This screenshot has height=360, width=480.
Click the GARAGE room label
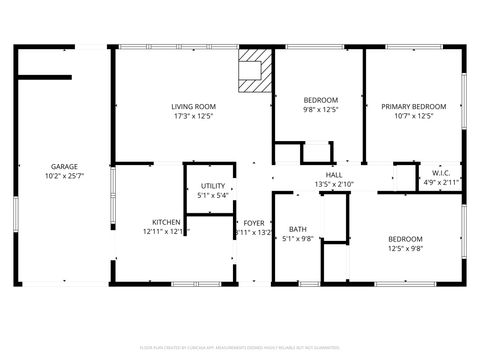click(65, 167)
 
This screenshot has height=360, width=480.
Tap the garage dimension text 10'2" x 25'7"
click(65, 177)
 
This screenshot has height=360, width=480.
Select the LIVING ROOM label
click(192, 106)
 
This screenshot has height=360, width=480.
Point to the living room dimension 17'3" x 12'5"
click(192, 116)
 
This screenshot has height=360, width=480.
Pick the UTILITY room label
click(212, 185)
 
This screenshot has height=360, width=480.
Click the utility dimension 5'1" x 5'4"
click(212, 195)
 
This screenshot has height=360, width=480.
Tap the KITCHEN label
click(166, 222)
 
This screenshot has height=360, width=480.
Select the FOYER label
click(254, 222)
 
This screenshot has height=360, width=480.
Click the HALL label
click(333, 175)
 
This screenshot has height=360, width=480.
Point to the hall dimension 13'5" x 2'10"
click(333, 185)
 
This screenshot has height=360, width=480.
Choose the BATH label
click(297, 229)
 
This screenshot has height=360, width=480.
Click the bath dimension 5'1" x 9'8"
click(297, 239)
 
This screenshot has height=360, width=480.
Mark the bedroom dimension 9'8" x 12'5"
click(320, 110)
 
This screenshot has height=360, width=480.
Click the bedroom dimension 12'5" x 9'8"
click(405, 249)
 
